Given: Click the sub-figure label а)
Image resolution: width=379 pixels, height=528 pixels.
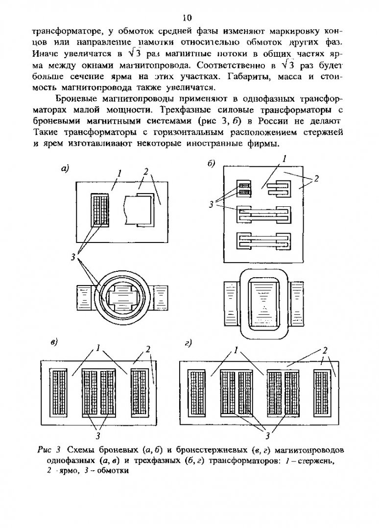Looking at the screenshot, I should [x=64, y=169].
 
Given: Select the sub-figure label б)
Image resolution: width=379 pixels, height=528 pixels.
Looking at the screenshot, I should [x=212, y=163].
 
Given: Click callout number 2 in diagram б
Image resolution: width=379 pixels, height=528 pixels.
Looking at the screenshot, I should [x=316, y=179].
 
